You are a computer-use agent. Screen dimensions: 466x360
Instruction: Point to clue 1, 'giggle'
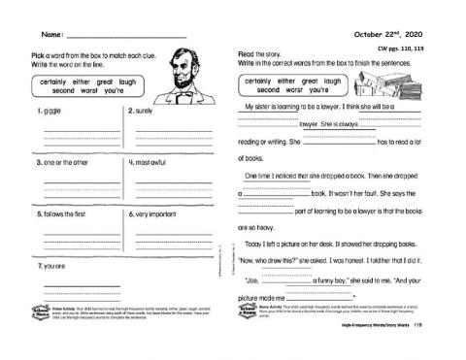pyautogui.click(x=49, y=112)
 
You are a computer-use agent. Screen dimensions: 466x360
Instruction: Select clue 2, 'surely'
pyautogui.click(x=145, y=112)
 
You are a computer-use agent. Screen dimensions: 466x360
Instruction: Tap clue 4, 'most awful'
pyautogui.click(x=150, y=162)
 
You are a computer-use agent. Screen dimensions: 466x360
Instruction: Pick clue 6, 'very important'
pyautogui.click(x=155, y=213)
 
